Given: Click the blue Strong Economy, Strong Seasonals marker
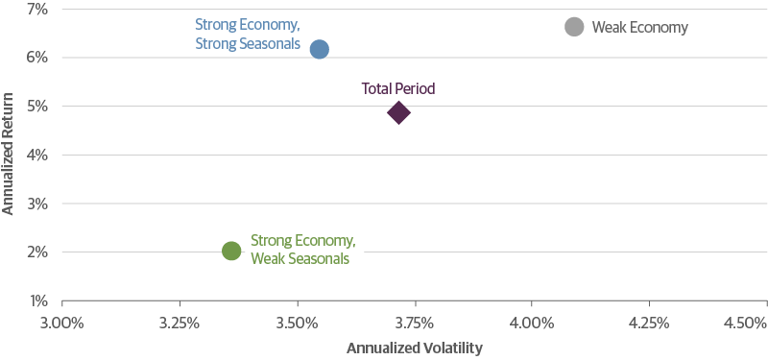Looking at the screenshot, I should (320, 49).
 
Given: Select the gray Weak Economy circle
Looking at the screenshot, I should (574, 27).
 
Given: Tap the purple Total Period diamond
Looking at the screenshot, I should (398, 113).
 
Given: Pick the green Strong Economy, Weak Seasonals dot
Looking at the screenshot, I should (231, 251).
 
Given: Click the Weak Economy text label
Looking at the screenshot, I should (639, 28).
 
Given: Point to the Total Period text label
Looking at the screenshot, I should (398, 88).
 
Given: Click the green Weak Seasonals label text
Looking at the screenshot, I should (300, 257).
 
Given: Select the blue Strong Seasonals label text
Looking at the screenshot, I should (249, 44).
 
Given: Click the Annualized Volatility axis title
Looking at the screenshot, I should (415, 348).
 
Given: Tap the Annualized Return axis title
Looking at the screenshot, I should (8, 154).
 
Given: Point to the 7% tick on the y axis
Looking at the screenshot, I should (23, 9).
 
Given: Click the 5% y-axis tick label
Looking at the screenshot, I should (23, 106).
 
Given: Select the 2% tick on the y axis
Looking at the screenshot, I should (23, 252).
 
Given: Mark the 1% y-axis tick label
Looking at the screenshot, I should (23, 300).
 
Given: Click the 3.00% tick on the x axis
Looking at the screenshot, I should (61, 322).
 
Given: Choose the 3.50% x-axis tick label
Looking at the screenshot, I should (298, 322).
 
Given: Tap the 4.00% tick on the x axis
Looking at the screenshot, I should (533, 322).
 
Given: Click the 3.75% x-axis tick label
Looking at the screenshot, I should (415, 322).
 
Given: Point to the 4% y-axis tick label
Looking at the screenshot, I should (23, 155).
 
